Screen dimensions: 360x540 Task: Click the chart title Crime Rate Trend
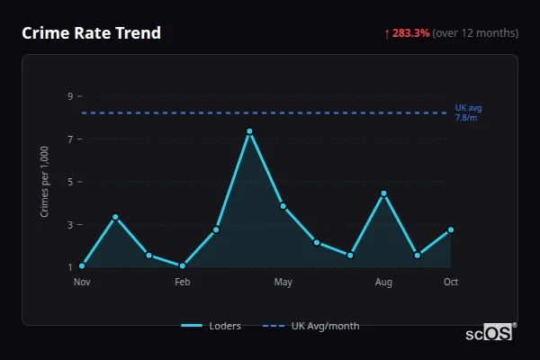pyautogui.click(x=92, y=33)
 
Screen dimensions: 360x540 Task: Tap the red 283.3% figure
pyautogui.click(x=410, y=33)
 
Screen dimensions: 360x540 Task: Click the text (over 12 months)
pyautogui.click(x=475, y=33)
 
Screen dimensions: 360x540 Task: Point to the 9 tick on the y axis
pyautogui.click(x=69, y=96)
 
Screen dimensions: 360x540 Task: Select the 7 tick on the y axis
pyautogui.click(x=69, y=139)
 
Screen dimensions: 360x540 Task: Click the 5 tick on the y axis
pyautogui.click(x=69, y=182)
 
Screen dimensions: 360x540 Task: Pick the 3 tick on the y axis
pyautogui.click(x=69, y=225)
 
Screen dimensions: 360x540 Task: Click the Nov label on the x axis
pyautogui.click(x=82, y=283)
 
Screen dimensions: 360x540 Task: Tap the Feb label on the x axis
pyautogui.click(x=183, y=283)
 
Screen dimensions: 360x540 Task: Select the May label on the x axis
pyautogui.click(x=283, y=283)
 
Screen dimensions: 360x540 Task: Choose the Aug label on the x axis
pyautogui.click(x=383, y=283)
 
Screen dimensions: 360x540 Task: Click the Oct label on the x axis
pyautogui.click(x=451, y=283)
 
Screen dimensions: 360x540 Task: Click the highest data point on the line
pyautogui.click(x=249, y=131)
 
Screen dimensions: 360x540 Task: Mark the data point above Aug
pyautogui.click(x=383, y=193)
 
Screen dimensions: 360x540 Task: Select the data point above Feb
pyautogui.click(x=183, y=265)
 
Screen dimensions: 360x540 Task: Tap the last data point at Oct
pyautogui.click(x=451, y=229)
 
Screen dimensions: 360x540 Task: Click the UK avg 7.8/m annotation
pyautogui.click(x=468, y=112)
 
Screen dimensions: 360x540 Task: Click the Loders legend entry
pyautogui.click(x=211, y=326)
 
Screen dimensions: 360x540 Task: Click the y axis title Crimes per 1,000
pyautogui.click(x=44, y=182)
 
